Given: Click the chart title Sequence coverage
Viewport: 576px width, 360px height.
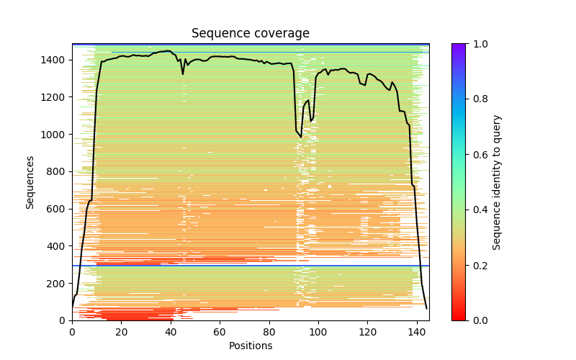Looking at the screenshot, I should click(x=251, y=34).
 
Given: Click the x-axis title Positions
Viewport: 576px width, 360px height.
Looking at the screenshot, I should click(x=251, y=346).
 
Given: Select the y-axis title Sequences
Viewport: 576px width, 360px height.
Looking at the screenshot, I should click(x=30, y=182).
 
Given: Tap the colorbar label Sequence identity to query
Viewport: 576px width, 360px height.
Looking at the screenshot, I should click(x=497, y=182).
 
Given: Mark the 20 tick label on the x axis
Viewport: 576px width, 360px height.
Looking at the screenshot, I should click(x=121, y=332).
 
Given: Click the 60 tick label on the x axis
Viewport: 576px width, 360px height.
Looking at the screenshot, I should click(x=220, y=332).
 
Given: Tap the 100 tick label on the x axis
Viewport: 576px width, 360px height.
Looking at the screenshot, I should click(x=318, y=332).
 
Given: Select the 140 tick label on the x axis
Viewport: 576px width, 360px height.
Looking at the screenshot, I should click(x=416, y=332).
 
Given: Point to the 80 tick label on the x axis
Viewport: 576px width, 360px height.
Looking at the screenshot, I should click(x=269, y=332).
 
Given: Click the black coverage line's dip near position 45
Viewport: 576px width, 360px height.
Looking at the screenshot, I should click(x=183, y=73).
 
